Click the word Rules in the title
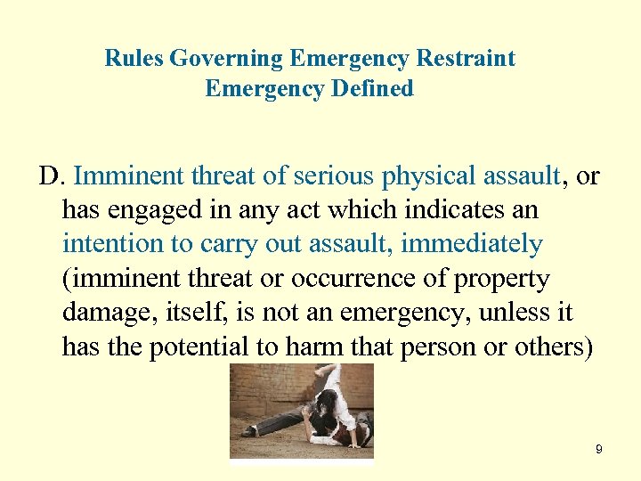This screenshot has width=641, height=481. pos(134,59)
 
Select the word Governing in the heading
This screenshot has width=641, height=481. pos(226,59)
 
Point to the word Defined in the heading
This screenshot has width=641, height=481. pos(375,89)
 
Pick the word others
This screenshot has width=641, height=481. pos(551,347)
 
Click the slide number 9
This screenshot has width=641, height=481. pos(599,450)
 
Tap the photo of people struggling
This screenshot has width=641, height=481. pos(301,412)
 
